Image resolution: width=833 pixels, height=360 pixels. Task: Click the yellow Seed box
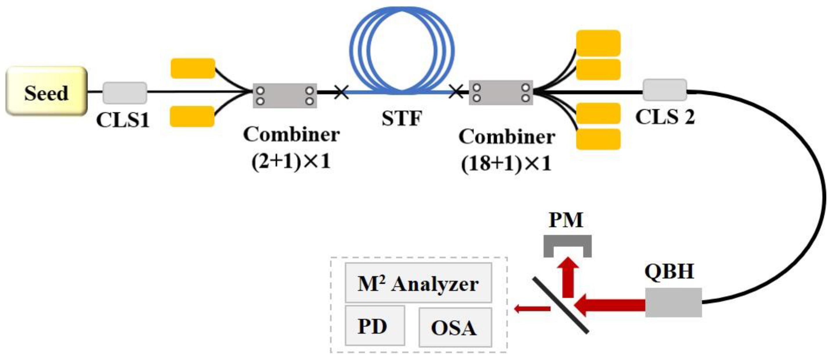46,91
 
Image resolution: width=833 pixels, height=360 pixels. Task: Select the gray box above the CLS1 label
125,93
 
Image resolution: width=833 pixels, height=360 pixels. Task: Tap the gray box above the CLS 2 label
665,90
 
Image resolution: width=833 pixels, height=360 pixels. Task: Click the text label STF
402,118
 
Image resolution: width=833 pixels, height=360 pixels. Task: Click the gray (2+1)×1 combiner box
285,96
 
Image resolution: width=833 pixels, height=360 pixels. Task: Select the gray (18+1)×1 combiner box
500,93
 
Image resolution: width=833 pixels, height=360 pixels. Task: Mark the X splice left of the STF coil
341,92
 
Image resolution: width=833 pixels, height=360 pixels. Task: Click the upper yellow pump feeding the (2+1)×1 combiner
193,68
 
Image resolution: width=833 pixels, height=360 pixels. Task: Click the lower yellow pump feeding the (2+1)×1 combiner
192,116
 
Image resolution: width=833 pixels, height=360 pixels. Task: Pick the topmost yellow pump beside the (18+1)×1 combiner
598,43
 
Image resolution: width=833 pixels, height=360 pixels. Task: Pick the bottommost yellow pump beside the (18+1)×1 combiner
598,139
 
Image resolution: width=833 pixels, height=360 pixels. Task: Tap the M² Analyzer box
418,283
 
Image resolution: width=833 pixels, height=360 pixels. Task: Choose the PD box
375,325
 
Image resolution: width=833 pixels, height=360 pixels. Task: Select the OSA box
455,327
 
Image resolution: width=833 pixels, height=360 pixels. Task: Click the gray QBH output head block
673,302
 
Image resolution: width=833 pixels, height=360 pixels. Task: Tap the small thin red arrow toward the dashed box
532,309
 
